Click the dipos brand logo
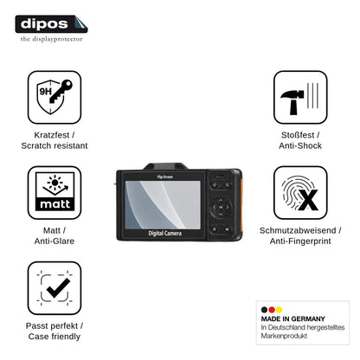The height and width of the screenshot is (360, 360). (51, 24)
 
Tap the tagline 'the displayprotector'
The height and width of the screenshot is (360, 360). (51, 39)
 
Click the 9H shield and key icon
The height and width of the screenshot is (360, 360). (55, 97)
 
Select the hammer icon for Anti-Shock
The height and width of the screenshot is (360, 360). (300, 97)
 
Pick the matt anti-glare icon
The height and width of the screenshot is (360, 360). (55, 192)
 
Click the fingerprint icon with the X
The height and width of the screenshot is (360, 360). (300, 192)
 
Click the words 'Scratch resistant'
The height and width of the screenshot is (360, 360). (55, 145)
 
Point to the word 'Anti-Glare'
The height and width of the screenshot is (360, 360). (55, 241)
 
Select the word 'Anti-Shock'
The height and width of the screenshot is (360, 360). (300, 145)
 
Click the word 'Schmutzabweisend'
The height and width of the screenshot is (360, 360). (298, 230)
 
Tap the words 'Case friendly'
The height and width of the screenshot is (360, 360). (55, 337)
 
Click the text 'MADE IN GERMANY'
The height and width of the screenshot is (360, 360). (293, 318)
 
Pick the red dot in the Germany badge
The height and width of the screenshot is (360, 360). (272, 310)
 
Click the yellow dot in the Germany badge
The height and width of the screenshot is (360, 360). (279, 310)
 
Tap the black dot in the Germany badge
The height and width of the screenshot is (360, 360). (264, 310)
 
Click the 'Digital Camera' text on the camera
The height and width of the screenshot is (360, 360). (165, 234)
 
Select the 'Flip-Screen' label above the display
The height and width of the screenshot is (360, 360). (165, 177)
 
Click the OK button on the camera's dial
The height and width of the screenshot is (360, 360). (221, 207)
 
